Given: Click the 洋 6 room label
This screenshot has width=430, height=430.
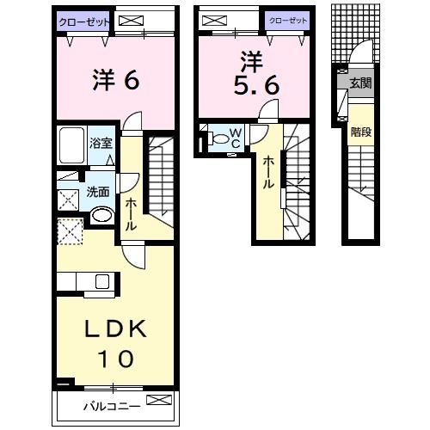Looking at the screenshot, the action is click(116, 80).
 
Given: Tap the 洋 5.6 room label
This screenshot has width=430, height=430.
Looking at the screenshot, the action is click(256, 73).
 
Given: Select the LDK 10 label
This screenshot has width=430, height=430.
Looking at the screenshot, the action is click(116, 343).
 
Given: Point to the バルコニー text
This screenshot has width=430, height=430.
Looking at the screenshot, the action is click(112, 406).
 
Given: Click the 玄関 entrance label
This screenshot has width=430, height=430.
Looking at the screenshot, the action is click(360, 83).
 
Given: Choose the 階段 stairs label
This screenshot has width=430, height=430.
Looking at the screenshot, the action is click(361, 132).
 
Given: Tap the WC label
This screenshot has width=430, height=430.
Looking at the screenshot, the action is click(236, 138).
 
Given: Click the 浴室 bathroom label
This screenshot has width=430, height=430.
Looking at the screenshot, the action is click(101, 143).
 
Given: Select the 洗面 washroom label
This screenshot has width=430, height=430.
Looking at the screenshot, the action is click(98, 192).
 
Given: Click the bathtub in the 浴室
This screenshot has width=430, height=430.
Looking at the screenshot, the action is click(71, 145).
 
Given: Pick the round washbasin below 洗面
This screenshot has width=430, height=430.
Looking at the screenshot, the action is click(101, 215).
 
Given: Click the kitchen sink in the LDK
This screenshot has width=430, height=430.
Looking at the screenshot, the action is click(102, 281).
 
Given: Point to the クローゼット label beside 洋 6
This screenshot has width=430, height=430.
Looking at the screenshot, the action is click(84, 22).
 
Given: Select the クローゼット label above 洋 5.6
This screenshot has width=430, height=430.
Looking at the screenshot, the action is click(288, 21).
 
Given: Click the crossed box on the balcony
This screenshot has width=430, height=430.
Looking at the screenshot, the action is click(159, 400).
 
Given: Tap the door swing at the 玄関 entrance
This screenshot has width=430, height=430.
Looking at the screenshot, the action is click(361, 52).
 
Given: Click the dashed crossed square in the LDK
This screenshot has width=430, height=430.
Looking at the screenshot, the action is click(70, 231).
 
